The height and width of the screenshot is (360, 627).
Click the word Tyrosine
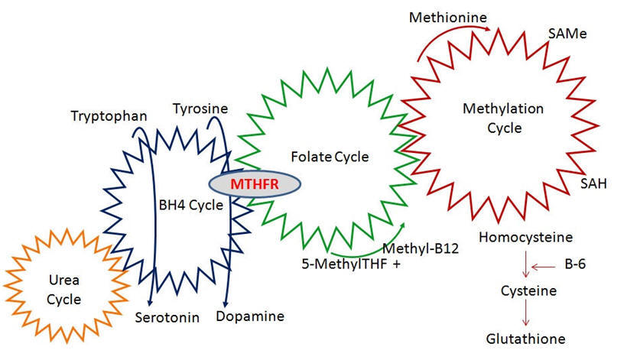coord(200,109)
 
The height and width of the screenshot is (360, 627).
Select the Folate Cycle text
coord(330,157)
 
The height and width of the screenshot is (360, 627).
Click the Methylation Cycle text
coord(492,118)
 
